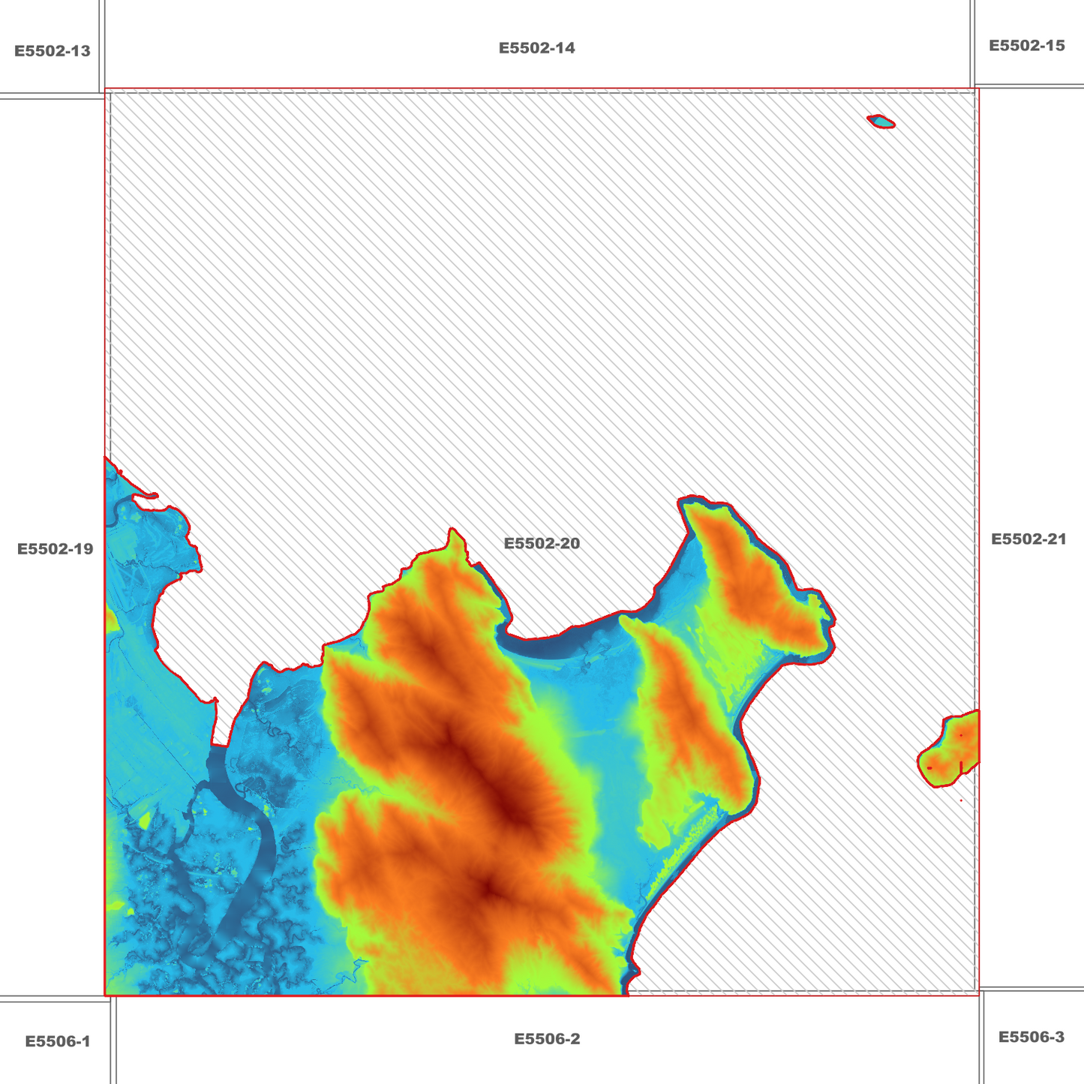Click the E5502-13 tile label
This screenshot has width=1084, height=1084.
pos(53,51)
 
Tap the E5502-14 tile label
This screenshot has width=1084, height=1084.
pos(537,48)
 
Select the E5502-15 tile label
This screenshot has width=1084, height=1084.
pos(1026,46)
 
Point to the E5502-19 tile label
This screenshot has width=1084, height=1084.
pos(56,549)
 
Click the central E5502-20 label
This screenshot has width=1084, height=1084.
pos(542,543)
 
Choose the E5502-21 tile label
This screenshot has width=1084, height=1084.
pos(1028,539)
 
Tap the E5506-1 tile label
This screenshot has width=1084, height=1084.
pos(58,1041)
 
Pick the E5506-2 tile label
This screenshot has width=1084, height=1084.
pos(547,1039)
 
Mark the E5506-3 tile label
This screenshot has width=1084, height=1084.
pos(1031,1037)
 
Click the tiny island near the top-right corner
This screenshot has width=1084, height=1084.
pos(881,122)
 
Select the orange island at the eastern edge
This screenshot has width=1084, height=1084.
pos(952,750)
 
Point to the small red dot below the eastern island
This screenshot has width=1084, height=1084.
pos(961,800)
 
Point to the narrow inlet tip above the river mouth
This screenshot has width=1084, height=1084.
pos(215,701)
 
